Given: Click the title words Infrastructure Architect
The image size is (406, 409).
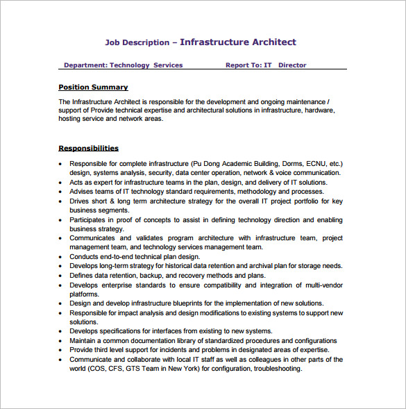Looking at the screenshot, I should (x=238, y=42).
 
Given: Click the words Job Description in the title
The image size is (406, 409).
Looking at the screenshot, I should (x=137, y=42).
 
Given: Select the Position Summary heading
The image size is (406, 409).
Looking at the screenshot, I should (x=93, y=87).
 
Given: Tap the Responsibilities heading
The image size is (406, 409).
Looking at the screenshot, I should (x=88, y=148).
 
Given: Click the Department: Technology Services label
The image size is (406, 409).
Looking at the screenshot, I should (x=123, y=65).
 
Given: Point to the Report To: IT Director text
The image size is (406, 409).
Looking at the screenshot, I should (x=266, y=65).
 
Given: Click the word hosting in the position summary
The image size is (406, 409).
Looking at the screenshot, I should (x=71, y=119).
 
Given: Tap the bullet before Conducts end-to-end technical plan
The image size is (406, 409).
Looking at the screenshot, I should (x=62, y=256).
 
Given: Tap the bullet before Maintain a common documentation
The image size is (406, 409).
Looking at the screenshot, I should (x=62, y=341).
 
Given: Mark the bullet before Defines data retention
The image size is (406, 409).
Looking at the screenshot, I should (x=62, y=276).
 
